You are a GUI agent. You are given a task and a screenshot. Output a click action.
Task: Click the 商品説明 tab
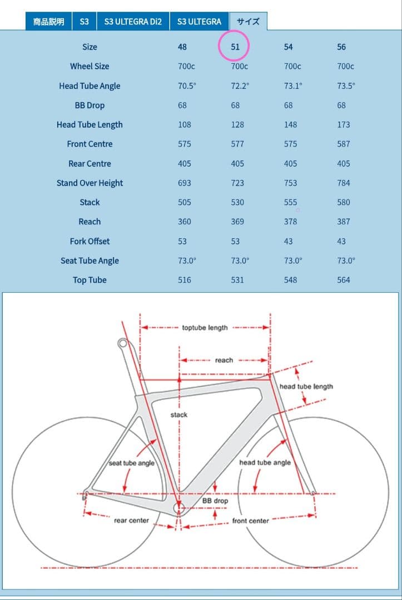48,22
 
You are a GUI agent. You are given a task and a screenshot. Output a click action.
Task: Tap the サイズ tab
248,22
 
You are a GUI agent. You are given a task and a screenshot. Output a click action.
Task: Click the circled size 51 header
235,47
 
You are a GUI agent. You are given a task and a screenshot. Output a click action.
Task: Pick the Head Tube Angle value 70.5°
185,86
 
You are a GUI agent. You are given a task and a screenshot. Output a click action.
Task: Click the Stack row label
90,202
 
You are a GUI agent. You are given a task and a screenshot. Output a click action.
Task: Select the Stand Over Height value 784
344,183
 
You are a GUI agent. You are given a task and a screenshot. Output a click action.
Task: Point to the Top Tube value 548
290,280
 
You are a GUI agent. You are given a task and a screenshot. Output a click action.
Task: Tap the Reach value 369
237,222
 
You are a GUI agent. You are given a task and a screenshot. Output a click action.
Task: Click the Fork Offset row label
90,241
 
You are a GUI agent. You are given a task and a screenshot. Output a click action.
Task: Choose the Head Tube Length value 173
344,124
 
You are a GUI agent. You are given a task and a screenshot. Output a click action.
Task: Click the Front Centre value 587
344,144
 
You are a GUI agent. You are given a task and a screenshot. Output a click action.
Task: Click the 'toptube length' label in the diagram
205,328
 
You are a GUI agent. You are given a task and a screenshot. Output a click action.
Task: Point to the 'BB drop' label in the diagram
215,501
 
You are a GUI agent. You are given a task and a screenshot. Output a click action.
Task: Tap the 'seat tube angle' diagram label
131,463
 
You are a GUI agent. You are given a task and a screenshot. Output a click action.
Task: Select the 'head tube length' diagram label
306,386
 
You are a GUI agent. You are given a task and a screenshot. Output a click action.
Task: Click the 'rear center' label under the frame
131,521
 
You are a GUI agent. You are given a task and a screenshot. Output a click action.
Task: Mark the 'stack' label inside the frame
179,414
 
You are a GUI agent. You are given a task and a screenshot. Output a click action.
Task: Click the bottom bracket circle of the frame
178,508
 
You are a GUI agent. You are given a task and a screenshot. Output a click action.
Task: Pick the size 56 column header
341,47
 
